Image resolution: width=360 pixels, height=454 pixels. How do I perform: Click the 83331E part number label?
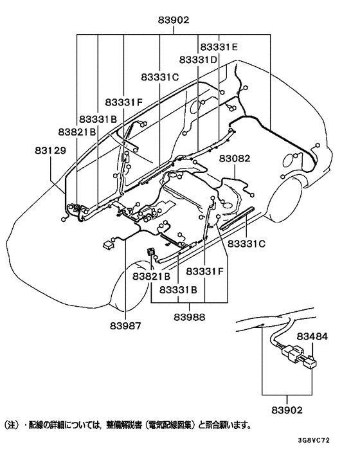click(219, 47)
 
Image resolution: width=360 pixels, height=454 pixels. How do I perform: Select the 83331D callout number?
click(198, 60)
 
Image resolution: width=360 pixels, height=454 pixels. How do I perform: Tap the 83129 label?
click(51, 150)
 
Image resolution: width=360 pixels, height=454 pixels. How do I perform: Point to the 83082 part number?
click(235, 158)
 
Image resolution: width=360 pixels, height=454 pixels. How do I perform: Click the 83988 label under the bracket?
click(189, 317)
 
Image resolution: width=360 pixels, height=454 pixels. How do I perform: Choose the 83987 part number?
click(125, 326)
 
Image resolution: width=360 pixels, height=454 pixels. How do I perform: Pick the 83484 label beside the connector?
click(312, 336)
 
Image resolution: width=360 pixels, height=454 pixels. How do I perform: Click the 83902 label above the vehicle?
click(174, 20)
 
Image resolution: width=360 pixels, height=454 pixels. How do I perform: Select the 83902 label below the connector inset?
click(287, 410)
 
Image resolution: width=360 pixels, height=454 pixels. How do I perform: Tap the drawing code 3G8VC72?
click(314, 440)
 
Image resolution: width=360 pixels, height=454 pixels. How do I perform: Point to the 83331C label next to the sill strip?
click(246, 244)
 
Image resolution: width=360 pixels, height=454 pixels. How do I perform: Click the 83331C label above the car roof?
click(160, 77)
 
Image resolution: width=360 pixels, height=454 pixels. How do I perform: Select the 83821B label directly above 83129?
click(77, 132)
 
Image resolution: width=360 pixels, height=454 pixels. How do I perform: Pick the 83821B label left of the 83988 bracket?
click(151, 277)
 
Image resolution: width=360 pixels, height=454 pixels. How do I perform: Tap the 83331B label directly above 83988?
click(178, 289)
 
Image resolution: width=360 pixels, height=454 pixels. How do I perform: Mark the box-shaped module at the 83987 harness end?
click(109, 244)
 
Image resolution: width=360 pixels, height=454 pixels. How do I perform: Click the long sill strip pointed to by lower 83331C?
click(237, 218)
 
